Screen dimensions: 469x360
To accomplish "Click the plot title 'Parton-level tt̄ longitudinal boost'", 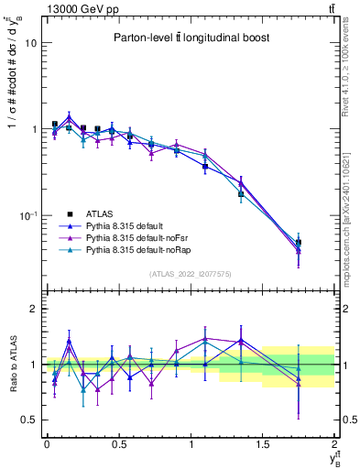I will point(183,38).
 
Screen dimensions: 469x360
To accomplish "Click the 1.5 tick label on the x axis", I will point(263,443).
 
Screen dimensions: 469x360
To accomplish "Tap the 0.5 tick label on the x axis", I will point(118,443).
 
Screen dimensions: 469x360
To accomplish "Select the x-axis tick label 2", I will point(335,443).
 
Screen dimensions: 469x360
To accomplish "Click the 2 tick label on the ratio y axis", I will point(31,310).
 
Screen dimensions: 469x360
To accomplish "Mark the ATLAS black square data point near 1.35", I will point(241,194).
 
